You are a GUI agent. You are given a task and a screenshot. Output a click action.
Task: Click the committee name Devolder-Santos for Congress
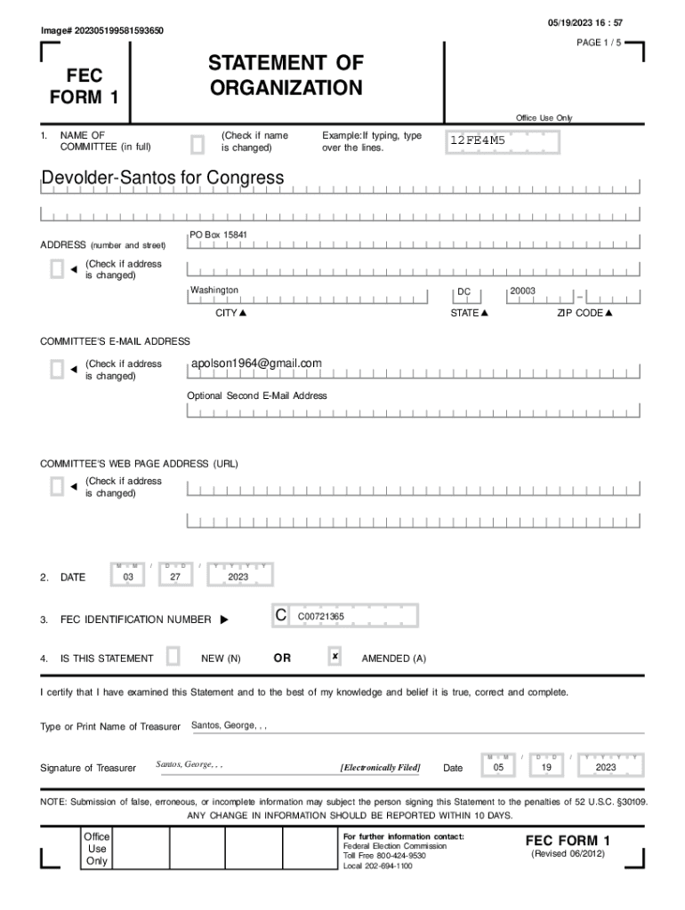tap(163, 178)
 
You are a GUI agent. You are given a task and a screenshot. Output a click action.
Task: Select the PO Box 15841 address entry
tap(218, 235)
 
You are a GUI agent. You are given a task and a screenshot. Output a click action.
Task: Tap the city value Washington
tap(214, 291)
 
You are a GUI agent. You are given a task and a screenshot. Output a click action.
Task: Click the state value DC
tap(463, 291)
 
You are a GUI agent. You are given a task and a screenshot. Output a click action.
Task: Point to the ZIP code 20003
tap(522, 291)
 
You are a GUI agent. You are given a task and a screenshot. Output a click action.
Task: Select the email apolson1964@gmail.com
tap(256, 363)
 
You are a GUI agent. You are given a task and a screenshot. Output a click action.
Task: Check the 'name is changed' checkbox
tap(197, 142)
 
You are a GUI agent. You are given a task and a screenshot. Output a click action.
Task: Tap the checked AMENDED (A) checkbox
tap(334, 657)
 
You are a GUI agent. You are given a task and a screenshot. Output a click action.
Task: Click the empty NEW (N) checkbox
tap(173, 657)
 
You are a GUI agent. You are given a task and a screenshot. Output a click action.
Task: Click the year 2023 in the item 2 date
tap(238, 577)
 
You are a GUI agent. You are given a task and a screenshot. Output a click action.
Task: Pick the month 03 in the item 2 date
tap(128, 577)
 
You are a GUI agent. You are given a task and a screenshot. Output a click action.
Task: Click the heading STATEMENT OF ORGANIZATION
tap(286, 76)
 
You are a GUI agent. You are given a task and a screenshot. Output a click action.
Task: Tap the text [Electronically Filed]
tap(380, 767)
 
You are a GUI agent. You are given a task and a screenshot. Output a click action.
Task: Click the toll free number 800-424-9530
tap(397, 856)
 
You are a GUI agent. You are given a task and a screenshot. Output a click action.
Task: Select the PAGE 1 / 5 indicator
tap(599, 43)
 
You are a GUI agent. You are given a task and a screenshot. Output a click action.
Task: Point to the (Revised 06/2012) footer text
tap(568, 854)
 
